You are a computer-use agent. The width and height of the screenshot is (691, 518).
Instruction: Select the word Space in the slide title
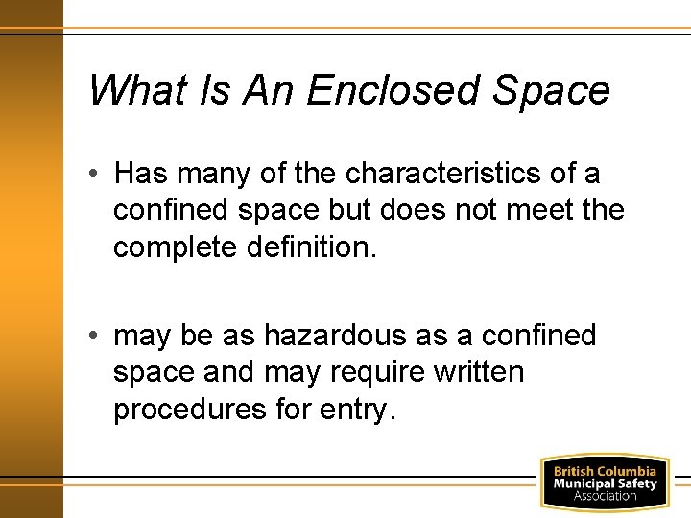(552, 91)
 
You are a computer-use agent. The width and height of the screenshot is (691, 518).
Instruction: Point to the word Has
(141, 174)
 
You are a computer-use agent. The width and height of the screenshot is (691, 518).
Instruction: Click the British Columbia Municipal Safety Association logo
(604, 483)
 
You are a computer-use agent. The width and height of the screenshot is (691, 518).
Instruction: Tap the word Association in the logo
(605, 496)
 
